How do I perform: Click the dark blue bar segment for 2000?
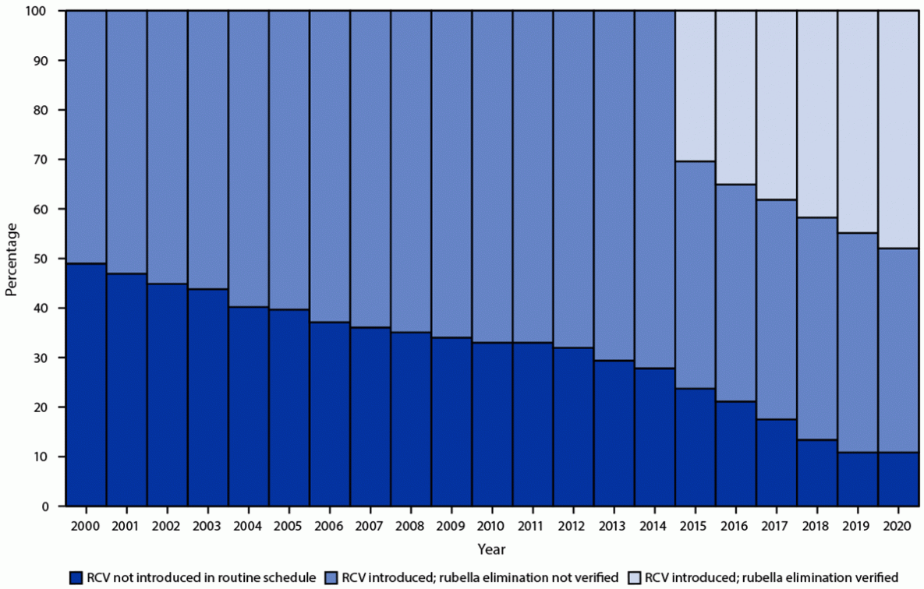point(86,385)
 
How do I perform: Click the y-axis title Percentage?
point(11,259)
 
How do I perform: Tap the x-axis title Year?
point(492,548)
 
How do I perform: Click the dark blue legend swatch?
point(75,577)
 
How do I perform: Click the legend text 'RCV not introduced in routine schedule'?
point(200,577)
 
